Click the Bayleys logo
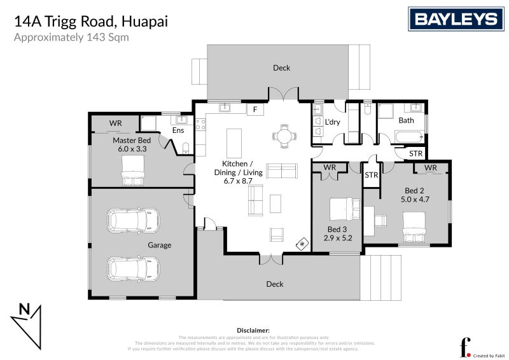tap(456, 18)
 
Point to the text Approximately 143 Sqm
tap(71, 37)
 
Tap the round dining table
tap(283, 135)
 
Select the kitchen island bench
tap(235, 142)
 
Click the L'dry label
tap(333, 121)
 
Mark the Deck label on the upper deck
tap(281, 68)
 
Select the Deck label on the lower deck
tap(275, 284)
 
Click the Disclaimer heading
tap(253, 331)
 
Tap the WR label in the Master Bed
tap(115, 123)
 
